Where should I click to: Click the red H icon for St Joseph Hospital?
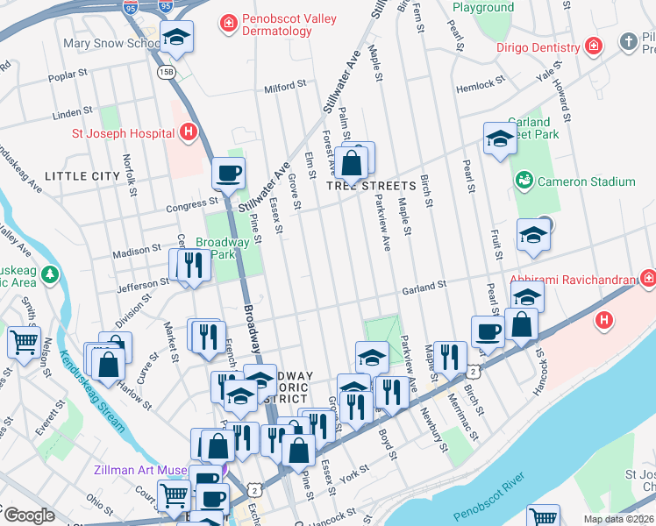(186, 133)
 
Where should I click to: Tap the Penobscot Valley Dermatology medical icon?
(228, 22)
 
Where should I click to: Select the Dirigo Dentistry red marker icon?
(594, 46)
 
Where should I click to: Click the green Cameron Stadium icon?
(524, 181)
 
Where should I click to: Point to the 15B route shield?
(165, 69)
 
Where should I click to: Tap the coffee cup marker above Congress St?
(229, 173)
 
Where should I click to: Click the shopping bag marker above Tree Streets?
(352, 161)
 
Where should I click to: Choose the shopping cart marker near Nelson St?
(24, 339)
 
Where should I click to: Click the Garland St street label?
(424, 285)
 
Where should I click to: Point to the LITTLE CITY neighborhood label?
(82, 176)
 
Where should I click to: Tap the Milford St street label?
(284, 86)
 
